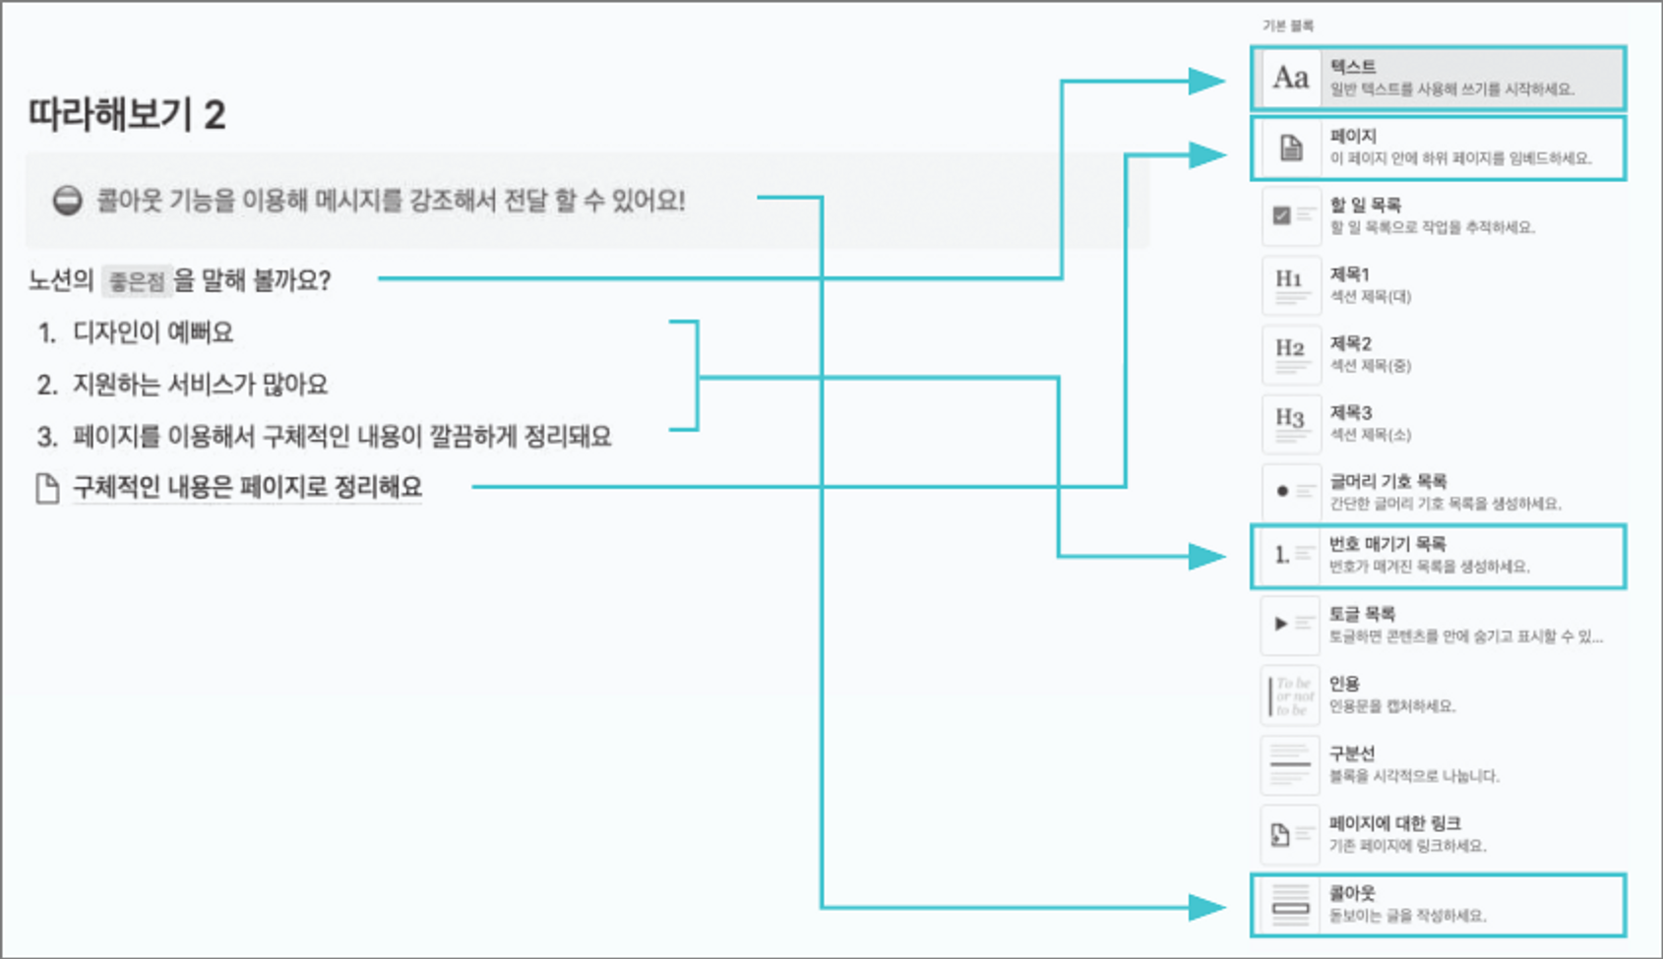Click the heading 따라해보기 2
pos(127,115)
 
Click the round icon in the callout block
pos(67,201)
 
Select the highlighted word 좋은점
pos(137,282)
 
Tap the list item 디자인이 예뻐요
pos(153,332)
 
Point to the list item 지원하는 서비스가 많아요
pos(200,385)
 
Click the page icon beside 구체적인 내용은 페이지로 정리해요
pos(47,488)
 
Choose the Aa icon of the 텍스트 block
pos(1290,78)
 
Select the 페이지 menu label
pos(1353,136)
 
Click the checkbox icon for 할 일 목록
pos(1282,215)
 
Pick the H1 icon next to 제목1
pos(1289,279)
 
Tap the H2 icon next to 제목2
pos(1289,348)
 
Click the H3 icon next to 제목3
pos(1289,418)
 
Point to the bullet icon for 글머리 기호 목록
pos(1282,491)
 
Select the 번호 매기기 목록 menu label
pos(1387,544)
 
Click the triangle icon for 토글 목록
pos(1280,624)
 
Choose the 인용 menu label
pos(1344,684)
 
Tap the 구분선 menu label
pos(1352,753)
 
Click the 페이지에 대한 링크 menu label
pos(1394,823)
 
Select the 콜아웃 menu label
pos(1352,893)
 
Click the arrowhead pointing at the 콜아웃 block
pos(1206,908)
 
